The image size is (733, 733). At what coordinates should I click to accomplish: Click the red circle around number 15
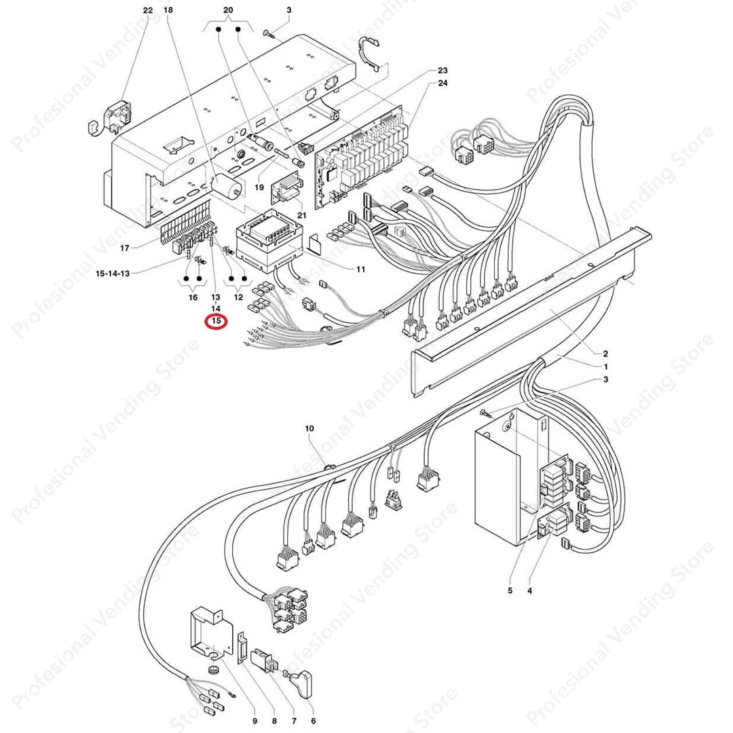(217, 321)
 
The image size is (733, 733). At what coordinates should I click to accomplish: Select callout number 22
(148, 10)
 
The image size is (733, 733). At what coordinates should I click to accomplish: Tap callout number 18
(168, 10)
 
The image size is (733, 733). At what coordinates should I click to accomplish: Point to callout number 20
(228, 10)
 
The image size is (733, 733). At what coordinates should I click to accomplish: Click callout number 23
(443, 71)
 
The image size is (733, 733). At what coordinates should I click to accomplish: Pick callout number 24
(443, 83)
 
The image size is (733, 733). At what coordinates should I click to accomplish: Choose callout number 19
(259, 187)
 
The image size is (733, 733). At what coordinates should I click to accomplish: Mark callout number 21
(302, 215)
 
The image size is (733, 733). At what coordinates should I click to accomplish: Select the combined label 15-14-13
(113, 273)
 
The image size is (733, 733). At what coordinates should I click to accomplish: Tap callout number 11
(360, 269)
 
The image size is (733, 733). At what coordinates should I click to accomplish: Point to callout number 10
(309, 429)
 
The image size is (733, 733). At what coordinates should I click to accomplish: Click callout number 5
(510, 590)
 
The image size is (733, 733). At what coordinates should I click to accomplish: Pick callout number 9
(255, 720)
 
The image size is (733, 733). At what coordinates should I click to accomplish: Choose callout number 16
(193, 297)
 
